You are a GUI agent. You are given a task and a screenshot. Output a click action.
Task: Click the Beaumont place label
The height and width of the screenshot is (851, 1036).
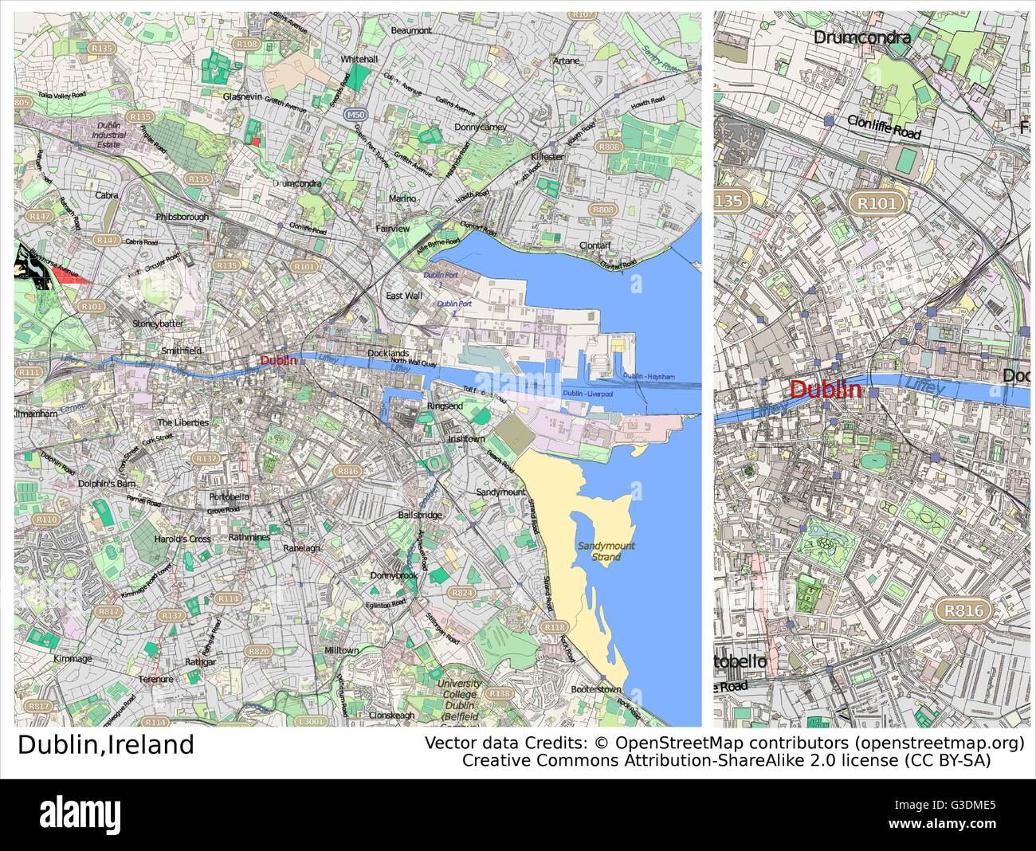411,30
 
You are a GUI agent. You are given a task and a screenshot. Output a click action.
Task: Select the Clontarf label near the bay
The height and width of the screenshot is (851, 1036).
595,245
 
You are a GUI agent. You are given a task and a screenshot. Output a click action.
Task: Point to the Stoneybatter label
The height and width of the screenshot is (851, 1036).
158,324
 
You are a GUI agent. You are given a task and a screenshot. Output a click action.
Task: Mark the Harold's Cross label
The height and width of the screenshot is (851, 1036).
182,539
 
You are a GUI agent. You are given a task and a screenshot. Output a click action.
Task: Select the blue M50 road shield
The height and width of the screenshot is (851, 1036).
355,116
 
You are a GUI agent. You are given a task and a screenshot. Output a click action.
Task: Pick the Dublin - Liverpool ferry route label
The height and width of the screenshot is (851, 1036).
587,394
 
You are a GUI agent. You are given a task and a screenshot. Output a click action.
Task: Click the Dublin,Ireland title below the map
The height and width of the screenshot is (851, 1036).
106,745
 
